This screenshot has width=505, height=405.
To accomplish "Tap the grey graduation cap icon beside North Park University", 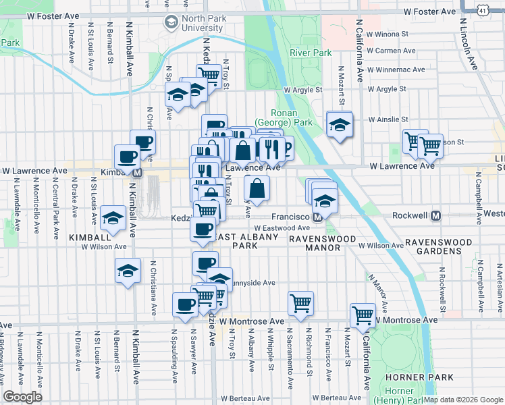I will (170, 23).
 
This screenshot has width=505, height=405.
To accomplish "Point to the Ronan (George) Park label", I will (292, 118).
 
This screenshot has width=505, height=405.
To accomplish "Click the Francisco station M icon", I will (316, 217).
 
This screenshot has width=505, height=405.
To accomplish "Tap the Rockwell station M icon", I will (436, 216).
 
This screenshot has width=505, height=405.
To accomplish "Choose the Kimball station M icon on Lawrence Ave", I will (137, 173).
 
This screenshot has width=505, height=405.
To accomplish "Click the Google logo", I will (22, 397).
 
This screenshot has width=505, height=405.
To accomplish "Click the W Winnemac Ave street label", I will (397, 69).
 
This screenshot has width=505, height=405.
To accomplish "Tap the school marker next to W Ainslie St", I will (339, 125).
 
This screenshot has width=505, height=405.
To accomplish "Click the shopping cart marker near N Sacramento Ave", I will (300, 302).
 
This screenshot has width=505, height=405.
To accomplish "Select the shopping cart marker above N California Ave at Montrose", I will (363, 315).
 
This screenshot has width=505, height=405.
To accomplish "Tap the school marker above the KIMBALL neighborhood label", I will (113, 218).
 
